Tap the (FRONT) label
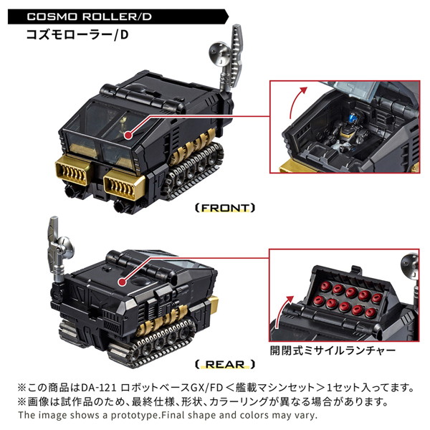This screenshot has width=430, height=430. [x=224, y=208]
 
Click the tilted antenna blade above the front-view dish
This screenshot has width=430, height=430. [x=236, y=36]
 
